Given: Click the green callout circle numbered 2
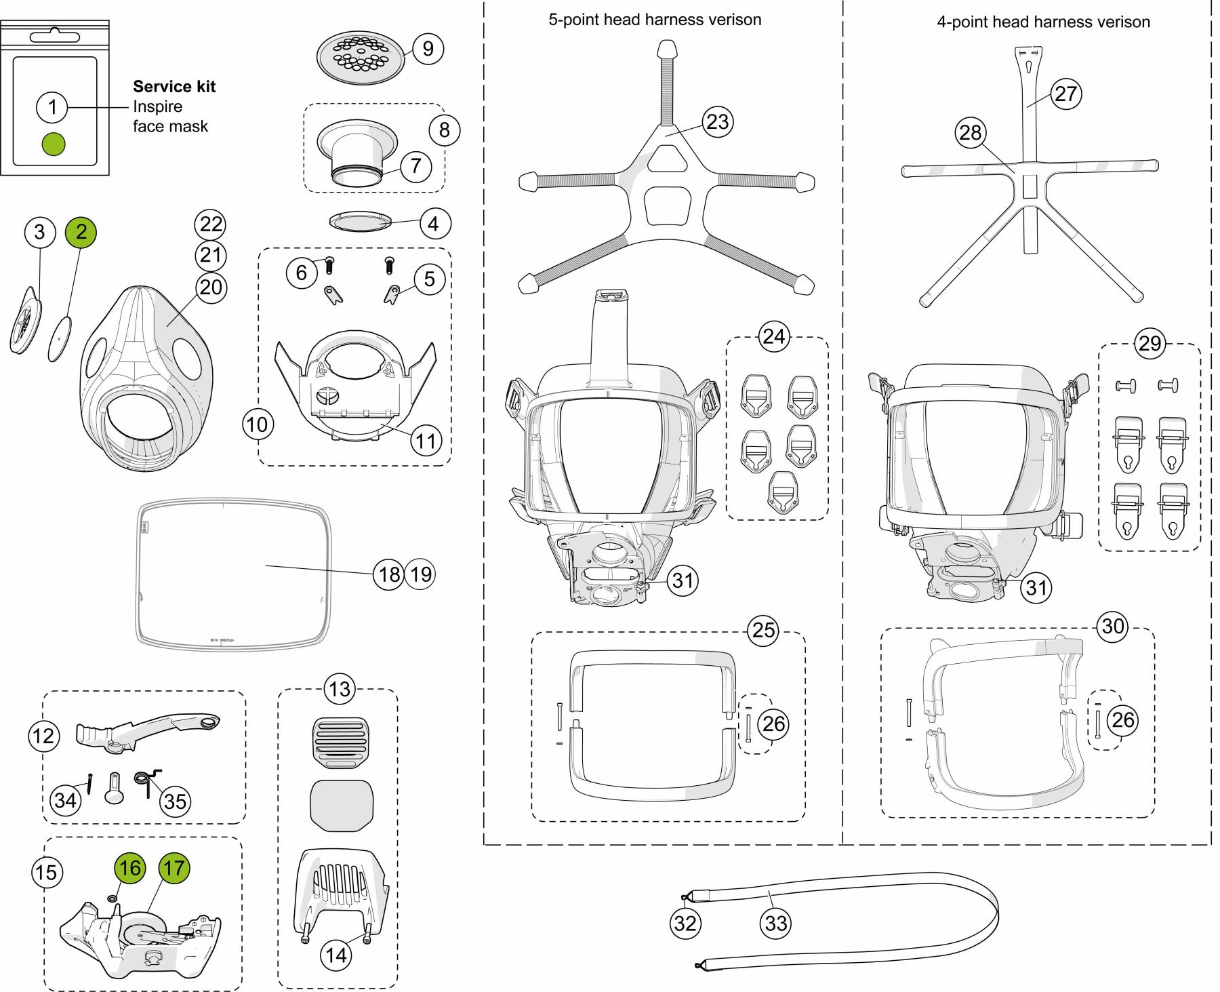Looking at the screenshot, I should [x=81, y=232].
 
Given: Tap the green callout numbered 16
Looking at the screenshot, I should [x=129, y=868].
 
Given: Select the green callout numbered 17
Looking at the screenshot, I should [x=174, y=868].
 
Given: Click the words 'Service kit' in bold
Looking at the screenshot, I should [x=174, y=87].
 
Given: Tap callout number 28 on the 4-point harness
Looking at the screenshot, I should [x=971, y=132].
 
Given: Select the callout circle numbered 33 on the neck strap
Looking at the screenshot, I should [x=776, y=923].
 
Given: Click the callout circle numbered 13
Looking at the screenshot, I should [x=339, y=689].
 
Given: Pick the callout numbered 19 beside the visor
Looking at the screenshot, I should [x=420, y=575].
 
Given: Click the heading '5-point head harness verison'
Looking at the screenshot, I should [x=655, y=20].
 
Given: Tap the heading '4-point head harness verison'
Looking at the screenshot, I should [x=1043, y=22].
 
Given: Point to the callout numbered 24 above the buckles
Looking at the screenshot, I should [x=774, y=336].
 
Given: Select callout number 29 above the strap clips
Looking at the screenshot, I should [x=1150, y=343].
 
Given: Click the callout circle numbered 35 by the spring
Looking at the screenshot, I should [x=175, y=801].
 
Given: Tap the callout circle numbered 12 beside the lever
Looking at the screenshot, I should [x=44, y=736].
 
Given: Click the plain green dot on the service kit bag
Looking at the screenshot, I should [x=54, y=144].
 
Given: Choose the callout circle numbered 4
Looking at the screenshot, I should [x=434, y=224].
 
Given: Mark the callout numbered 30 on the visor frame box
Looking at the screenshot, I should [x=1113, y=626].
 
